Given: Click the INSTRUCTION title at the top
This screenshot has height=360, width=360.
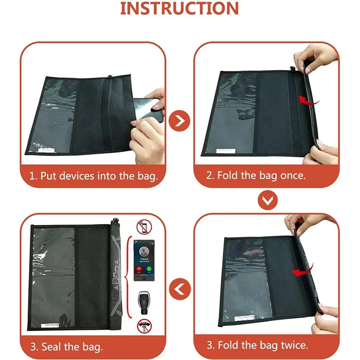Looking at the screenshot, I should click(180, 9).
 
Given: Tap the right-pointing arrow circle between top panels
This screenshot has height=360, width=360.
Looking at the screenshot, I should click(180, 121).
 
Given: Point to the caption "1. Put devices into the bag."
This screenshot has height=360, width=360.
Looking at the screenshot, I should click(94, 175).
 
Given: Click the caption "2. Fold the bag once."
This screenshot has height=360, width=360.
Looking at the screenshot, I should click(256, 175).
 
